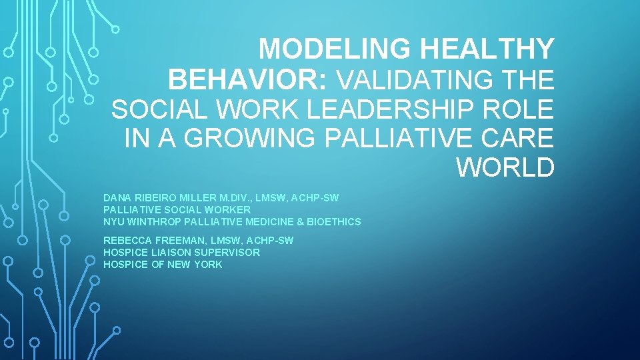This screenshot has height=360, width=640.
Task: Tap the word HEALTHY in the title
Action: point(487,49)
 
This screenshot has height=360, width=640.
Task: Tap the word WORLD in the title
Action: point(505,167)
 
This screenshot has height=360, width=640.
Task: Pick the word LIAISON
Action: point(171,253)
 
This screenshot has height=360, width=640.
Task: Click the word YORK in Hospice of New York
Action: point(209,265)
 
